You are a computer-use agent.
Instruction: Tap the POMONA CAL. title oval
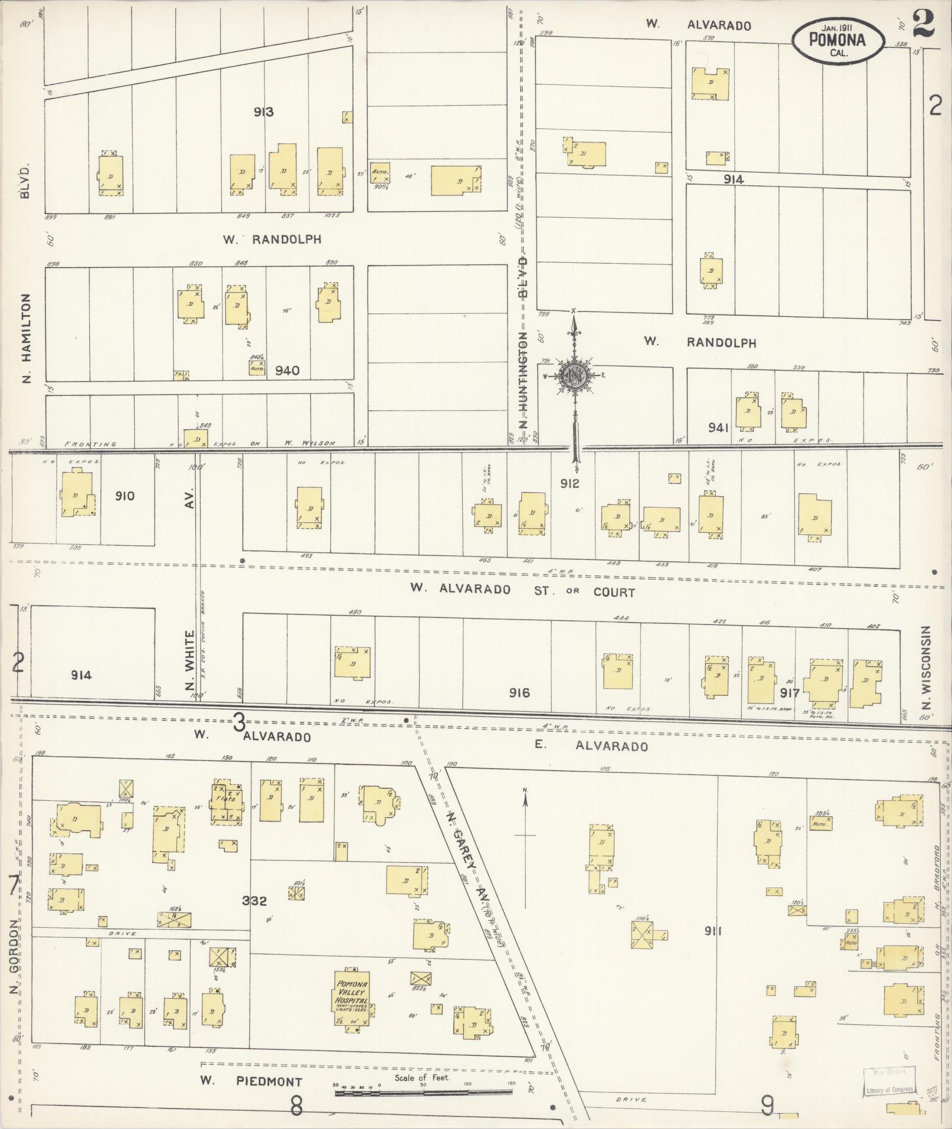coord(838,40)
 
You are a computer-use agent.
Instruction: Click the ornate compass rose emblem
coord(573,375)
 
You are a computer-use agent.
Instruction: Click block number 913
coord(263,112)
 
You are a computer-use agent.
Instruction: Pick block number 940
coord(287,371)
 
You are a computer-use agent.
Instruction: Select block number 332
coord(254,901)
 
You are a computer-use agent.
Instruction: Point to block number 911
coord(712,931)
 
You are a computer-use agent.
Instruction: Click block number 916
coord(519,692)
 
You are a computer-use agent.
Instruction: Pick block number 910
coord(125,496)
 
